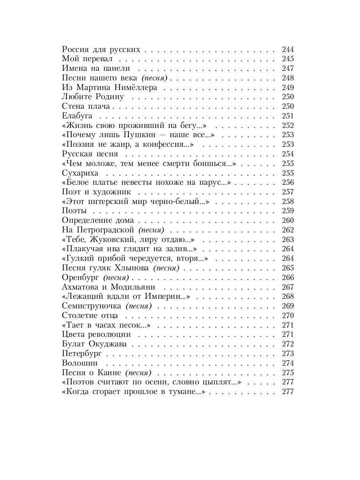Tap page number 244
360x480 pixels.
coord(288,50)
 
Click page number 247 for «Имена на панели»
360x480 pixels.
coord(288,68)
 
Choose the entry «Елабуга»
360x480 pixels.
coord(77,116)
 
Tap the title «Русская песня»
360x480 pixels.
coord(90,154)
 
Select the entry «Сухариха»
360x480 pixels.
coord(80,173)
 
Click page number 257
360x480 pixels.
coord(288,192)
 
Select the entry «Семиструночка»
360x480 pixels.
coord(92,306)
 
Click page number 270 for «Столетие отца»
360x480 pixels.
coord(288,316)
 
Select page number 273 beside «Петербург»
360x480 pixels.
coord(288,354)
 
